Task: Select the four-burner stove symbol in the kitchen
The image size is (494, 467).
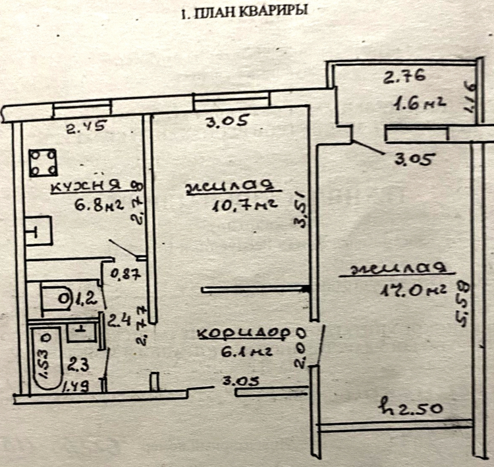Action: tap(43, 162)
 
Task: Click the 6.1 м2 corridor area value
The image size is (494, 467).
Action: tap(244, 352)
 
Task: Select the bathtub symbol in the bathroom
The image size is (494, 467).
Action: tap(45, 359)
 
